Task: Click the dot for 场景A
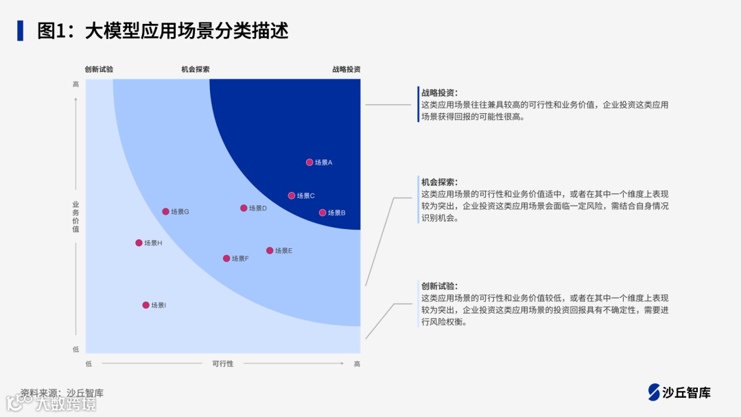309,163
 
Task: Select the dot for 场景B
322,213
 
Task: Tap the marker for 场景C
292,195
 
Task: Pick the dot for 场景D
244,208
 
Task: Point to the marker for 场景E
270,250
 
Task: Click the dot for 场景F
226,259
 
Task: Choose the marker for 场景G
165,211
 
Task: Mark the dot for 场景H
139,243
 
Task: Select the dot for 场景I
145,305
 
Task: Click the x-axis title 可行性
222,364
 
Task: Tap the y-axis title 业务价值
75,217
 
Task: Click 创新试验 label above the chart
99,69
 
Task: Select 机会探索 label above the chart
196,69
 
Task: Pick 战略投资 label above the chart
346,69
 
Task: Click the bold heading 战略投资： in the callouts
439,93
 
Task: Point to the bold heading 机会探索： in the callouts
439,182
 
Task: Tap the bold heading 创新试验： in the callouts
439,286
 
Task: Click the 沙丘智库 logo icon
654,392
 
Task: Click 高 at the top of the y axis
75,84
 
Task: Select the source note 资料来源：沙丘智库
62,393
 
